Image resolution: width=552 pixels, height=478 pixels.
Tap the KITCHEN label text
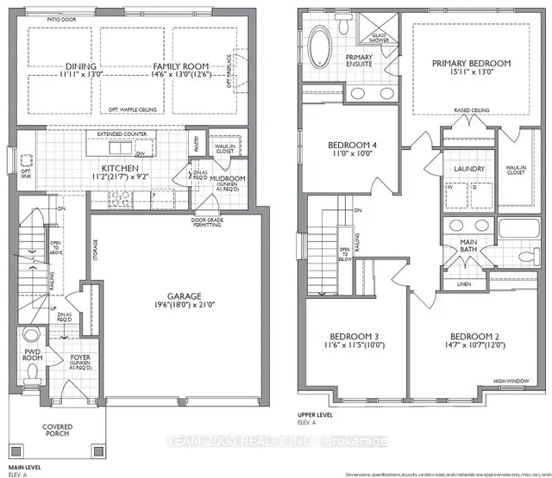(115, 169)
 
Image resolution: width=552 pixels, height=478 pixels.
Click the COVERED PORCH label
(58, 430)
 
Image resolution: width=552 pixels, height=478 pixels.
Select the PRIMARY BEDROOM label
(471, 63)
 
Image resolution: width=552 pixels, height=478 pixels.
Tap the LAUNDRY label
(470, 169)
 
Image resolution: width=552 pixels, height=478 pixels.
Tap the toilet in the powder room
(31, 376)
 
